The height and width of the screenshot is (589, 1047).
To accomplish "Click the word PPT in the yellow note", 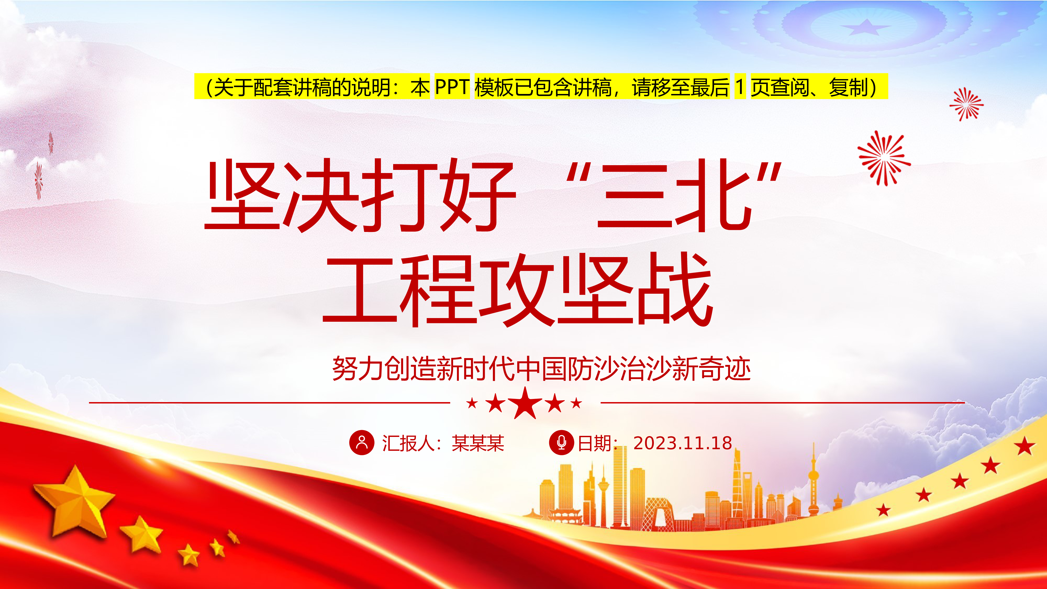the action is click(x=452, y=87).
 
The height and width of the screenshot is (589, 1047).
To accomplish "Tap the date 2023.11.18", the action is click(x=682, y=443).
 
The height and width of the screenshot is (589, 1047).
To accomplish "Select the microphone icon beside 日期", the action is click(x=561, y=442).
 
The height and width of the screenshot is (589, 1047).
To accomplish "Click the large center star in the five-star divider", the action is click(x=525, y=403).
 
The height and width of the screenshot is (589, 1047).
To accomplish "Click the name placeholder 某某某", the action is click(x=478, y=443).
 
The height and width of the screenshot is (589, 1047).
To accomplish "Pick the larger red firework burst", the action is click(x=884, y=158).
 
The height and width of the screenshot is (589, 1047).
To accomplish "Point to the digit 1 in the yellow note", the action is click(x=740, y=87).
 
